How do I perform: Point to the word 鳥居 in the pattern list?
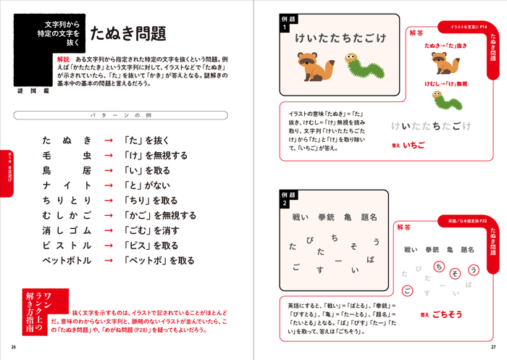tap(67, 171)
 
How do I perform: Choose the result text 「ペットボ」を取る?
tap(159, 261)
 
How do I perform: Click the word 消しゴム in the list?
tap(67, 230)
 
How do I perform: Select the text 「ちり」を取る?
tap(150, 201)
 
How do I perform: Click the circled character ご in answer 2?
tap(408, 292)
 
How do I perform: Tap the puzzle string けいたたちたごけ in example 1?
tap(338, 38)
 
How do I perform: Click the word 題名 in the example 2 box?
tap(369, 217)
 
